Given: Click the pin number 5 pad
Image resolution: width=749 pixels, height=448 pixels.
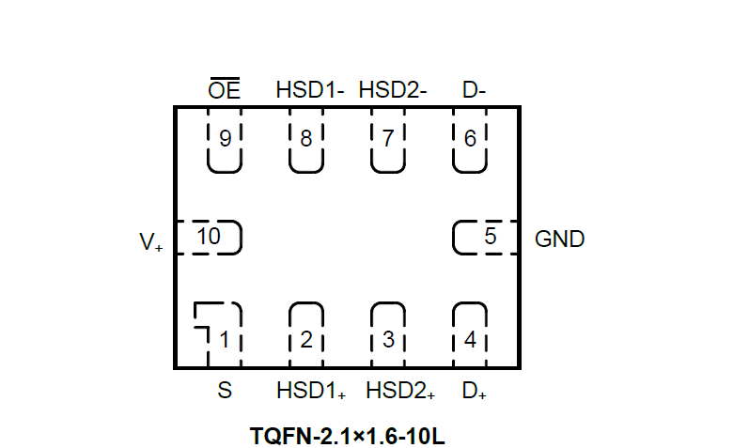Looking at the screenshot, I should coord(487,238).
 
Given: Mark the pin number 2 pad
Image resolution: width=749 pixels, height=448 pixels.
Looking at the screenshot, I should coord(306,336).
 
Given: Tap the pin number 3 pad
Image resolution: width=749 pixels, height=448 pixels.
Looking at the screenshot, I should coord(388,336).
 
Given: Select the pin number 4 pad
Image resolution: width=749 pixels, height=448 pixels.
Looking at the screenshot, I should coord(470,336).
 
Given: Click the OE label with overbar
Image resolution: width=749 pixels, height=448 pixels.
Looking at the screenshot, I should coord(225,90).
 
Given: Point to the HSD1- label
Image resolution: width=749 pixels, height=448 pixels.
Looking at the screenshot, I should coord(310,90).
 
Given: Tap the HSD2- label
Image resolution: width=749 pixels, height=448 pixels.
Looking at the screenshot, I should coord(393,90).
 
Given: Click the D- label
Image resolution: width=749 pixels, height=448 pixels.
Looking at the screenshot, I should coord(474,90).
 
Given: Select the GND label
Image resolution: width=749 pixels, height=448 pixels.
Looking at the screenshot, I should coord(559,239).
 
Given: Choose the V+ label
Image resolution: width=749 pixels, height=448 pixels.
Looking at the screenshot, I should coord(151,242).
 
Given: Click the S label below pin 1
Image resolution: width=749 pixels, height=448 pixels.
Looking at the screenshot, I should coord(225,391).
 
